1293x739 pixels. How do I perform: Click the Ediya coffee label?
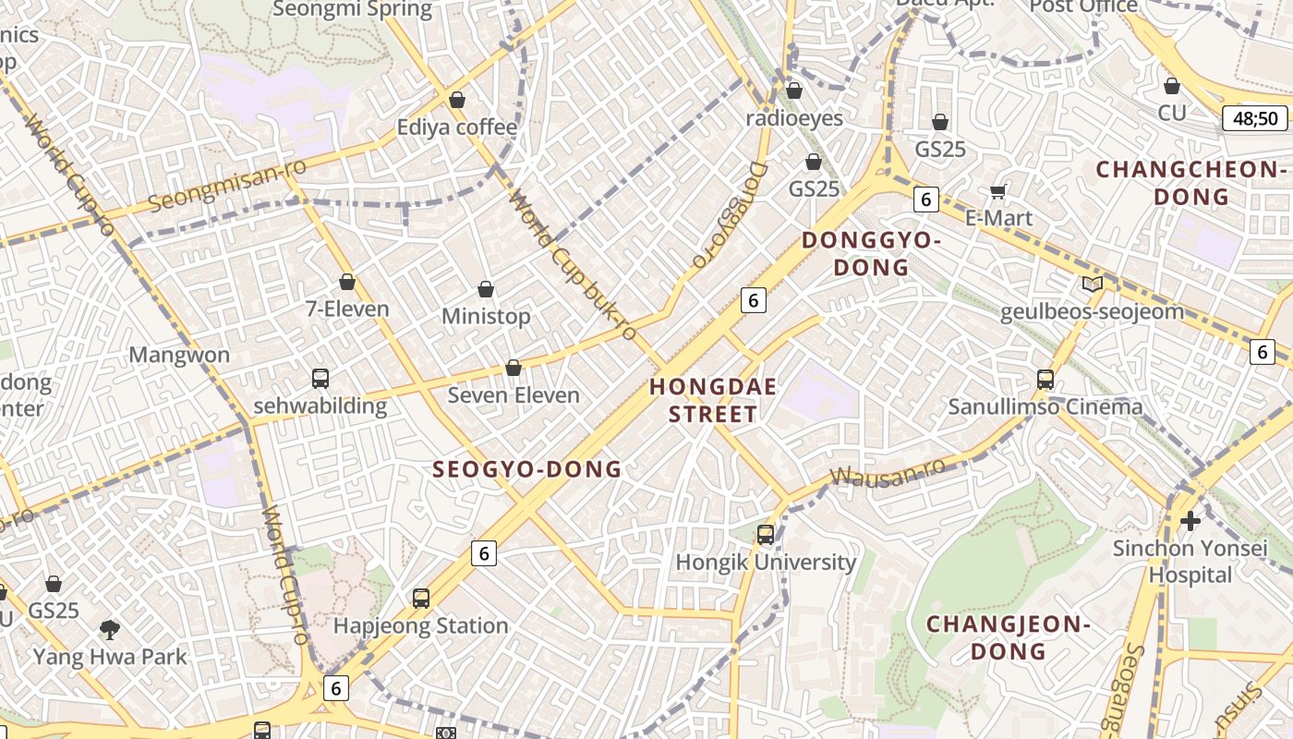456,127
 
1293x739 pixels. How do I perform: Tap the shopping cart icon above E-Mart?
997,191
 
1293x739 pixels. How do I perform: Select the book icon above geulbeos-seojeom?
1092,284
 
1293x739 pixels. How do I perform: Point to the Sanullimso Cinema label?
1045,406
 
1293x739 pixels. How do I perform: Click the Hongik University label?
766,562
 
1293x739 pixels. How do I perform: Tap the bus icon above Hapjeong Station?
421,599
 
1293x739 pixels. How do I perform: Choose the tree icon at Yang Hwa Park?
110,630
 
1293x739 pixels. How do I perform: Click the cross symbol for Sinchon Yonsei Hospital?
1190,521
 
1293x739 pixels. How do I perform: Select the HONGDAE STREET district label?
712,400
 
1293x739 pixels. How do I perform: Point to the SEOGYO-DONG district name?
527,469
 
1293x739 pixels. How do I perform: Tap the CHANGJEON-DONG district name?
1009,637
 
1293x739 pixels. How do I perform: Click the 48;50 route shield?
1254,118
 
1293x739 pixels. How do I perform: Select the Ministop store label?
486,317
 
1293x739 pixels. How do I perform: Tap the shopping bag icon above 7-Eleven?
347,282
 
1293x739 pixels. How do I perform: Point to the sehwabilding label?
320,406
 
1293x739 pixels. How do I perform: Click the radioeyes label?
794,118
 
